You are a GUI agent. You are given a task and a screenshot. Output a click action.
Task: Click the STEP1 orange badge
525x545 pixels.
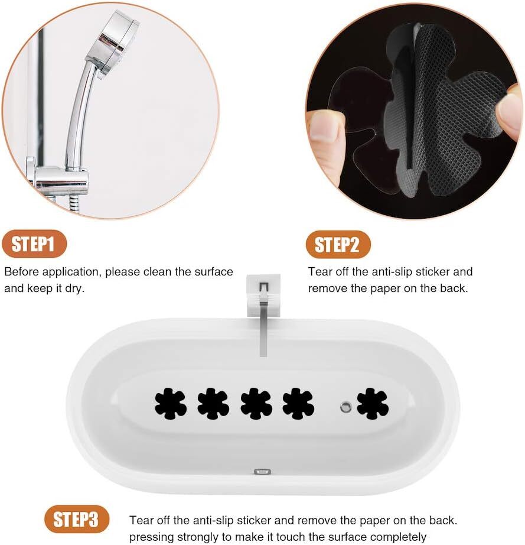tap(34, 244)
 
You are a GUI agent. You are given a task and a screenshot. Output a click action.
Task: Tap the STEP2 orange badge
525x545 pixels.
tap(338, 244)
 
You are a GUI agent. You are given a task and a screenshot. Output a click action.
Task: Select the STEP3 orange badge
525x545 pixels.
tap(77, 519)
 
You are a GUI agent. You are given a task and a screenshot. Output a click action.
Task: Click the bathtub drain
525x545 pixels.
tap(345, 406)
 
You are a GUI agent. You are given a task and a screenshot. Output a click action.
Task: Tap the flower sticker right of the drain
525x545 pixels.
tap(373, 404)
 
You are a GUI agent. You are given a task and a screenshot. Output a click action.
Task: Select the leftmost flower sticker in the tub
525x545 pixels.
tap(171, 404)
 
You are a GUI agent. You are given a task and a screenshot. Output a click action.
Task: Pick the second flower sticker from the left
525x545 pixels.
tap(213, 404)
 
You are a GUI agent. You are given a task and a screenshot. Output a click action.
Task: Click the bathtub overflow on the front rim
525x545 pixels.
tap(262, 472)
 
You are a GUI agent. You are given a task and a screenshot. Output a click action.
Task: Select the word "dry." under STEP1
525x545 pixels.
tap(74, 288)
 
